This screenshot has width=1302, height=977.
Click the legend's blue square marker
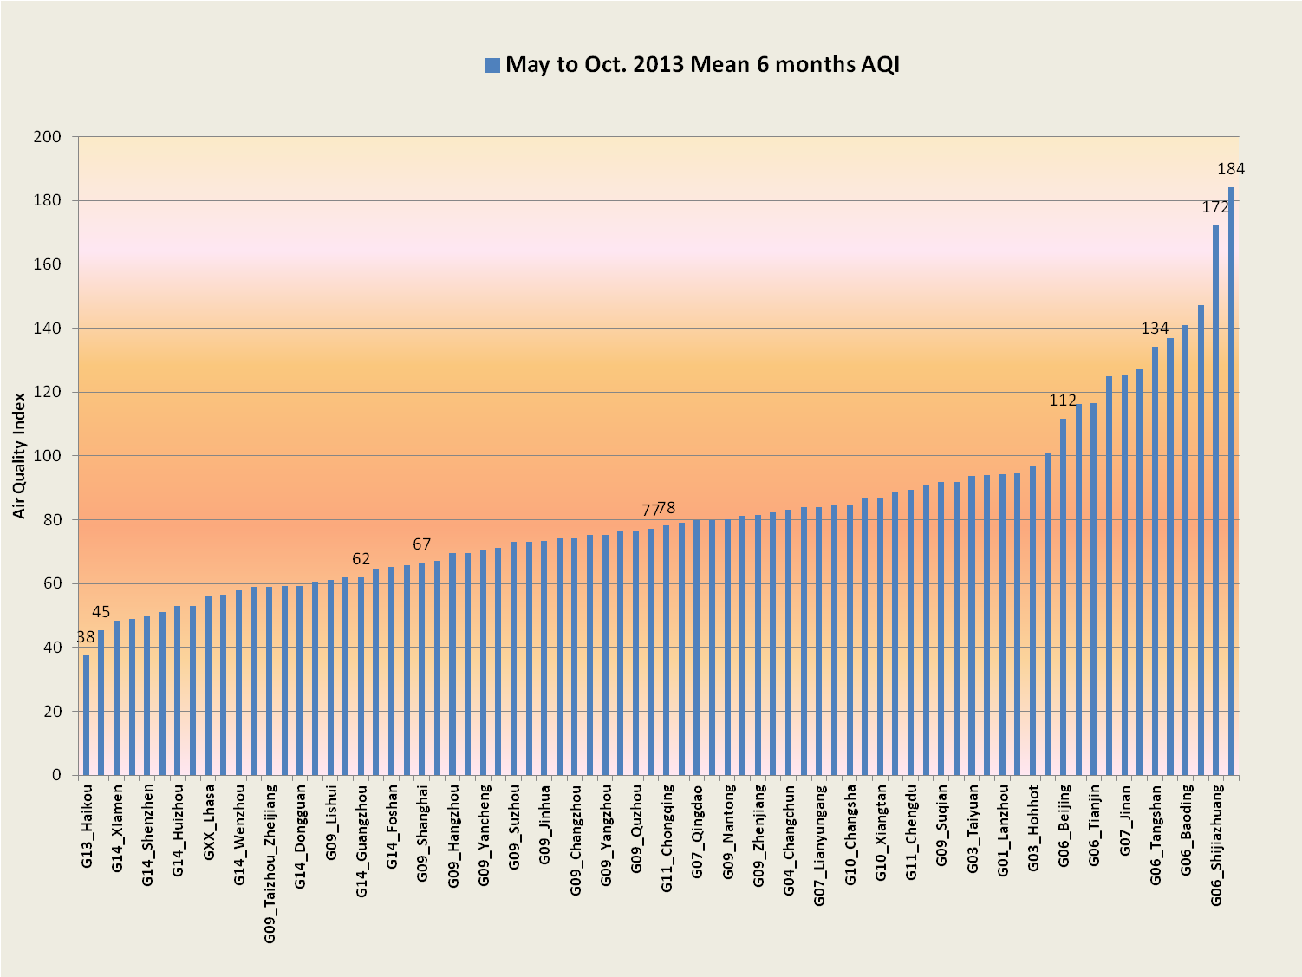click(x=492, y=65)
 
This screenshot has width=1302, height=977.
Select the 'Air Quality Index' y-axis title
click(x=19, y=455)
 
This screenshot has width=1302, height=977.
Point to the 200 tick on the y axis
click(x=47, y=137)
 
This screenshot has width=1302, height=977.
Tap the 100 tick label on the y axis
click(x=47, y=456)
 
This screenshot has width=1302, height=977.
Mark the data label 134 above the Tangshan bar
click(x=1155, y=329)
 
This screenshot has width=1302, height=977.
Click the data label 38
click(x=86, y=637)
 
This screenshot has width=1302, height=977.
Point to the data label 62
click(x=361, y=559)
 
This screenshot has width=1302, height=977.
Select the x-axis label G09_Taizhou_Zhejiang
click(x=270, y=864)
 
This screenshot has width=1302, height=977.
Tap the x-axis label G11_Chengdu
click(x=910, y=833)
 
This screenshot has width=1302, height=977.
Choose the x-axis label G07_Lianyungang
click(x=819, y=845)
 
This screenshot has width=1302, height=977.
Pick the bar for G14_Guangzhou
click(x=361, y=676)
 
